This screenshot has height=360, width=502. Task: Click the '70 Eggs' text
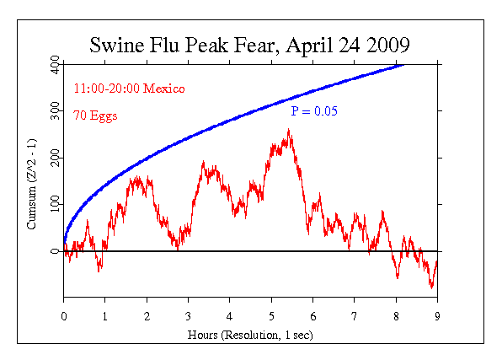[x=94, y=115]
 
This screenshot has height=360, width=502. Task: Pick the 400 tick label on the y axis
[x=55, y=64]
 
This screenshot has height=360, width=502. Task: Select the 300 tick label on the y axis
[x=55, y=110]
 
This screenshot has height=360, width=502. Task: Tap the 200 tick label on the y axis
[x=55, y=158]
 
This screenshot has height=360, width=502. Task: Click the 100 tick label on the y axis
[x=55, y=204]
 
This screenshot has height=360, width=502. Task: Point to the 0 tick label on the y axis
[x=55, y=251]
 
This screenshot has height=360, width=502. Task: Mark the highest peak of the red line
[x=289, y=130]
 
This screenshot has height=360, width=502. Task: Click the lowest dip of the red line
[x=431, y=287]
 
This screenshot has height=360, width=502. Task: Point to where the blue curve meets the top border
[x=403, y=64]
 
